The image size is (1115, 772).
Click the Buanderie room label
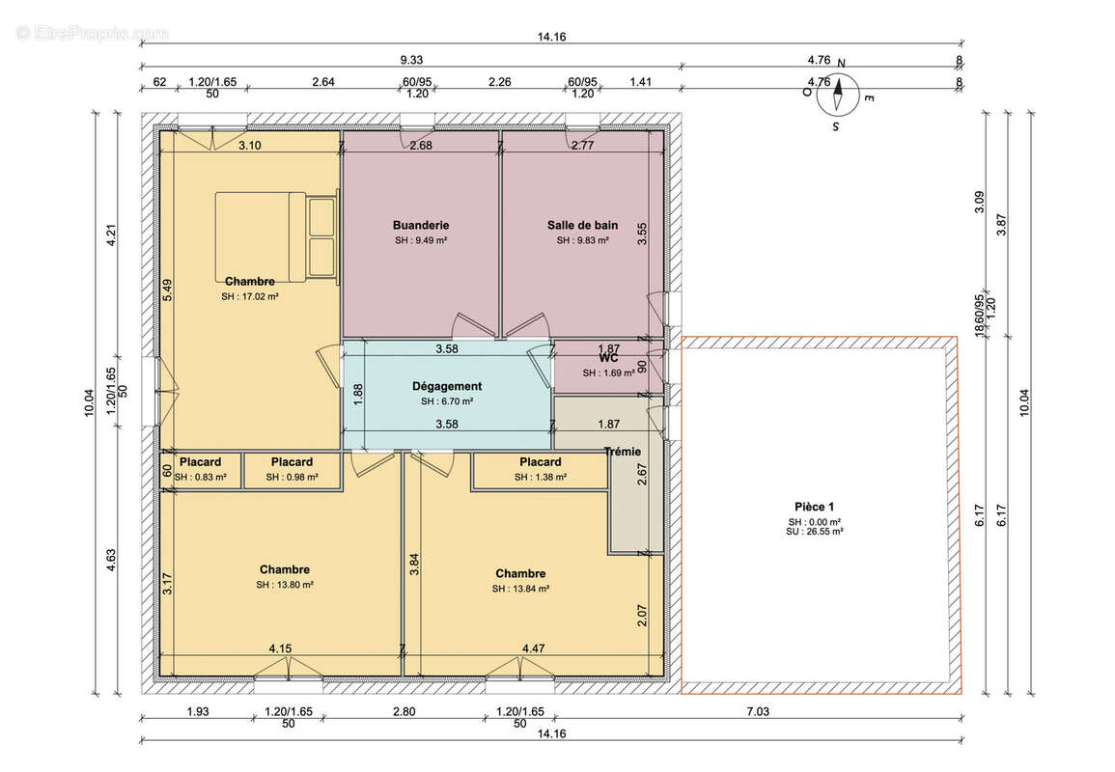421,226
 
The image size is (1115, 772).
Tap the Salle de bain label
582,226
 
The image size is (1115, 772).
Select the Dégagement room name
447,387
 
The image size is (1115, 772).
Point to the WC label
609,358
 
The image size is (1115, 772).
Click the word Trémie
623,452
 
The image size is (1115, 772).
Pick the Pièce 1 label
814,507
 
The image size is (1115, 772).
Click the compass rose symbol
838,95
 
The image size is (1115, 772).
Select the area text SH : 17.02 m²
250,297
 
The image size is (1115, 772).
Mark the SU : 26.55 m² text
814,531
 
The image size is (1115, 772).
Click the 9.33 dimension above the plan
411,61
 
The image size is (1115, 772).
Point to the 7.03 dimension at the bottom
758,711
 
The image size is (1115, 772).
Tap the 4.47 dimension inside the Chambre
533,648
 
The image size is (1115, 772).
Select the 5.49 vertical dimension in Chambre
167,289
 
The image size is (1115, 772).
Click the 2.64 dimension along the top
323,82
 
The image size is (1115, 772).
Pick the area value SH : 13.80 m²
285,585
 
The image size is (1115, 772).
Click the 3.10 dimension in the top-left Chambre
250,146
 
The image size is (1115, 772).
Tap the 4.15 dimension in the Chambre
280,648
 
